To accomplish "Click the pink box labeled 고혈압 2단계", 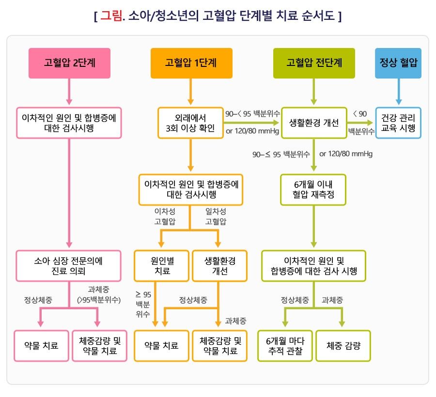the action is click(69, 63).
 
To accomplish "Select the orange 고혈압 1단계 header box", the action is click(191, 63).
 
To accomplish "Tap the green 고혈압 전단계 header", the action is click(314, 63).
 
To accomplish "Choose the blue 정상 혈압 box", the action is click(398, 63).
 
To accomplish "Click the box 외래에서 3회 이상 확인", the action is click(190, 123).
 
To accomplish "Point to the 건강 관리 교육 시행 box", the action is click(398, 123).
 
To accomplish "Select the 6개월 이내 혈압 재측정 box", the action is click(313, 190).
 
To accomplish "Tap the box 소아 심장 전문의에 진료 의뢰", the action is click(68, 266).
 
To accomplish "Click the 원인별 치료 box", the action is click(161, 266).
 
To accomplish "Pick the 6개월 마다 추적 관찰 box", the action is click(285, 346).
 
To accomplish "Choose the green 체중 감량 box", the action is click(343, 346).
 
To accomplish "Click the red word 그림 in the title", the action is click(111, 16).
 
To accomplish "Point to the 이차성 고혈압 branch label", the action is click(165, 217).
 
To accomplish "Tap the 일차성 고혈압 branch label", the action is click(216, 217).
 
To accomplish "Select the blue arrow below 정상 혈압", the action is click(399, 92).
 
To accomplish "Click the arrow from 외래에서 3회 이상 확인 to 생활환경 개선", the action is click(251, 123).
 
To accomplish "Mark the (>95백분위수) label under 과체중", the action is click(99, 300).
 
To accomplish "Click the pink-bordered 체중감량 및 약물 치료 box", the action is click(99, 346).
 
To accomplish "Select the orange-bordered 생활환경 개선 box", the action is click(219, 266).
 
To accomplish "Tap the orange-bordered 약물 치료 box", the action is click(161, 346).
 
